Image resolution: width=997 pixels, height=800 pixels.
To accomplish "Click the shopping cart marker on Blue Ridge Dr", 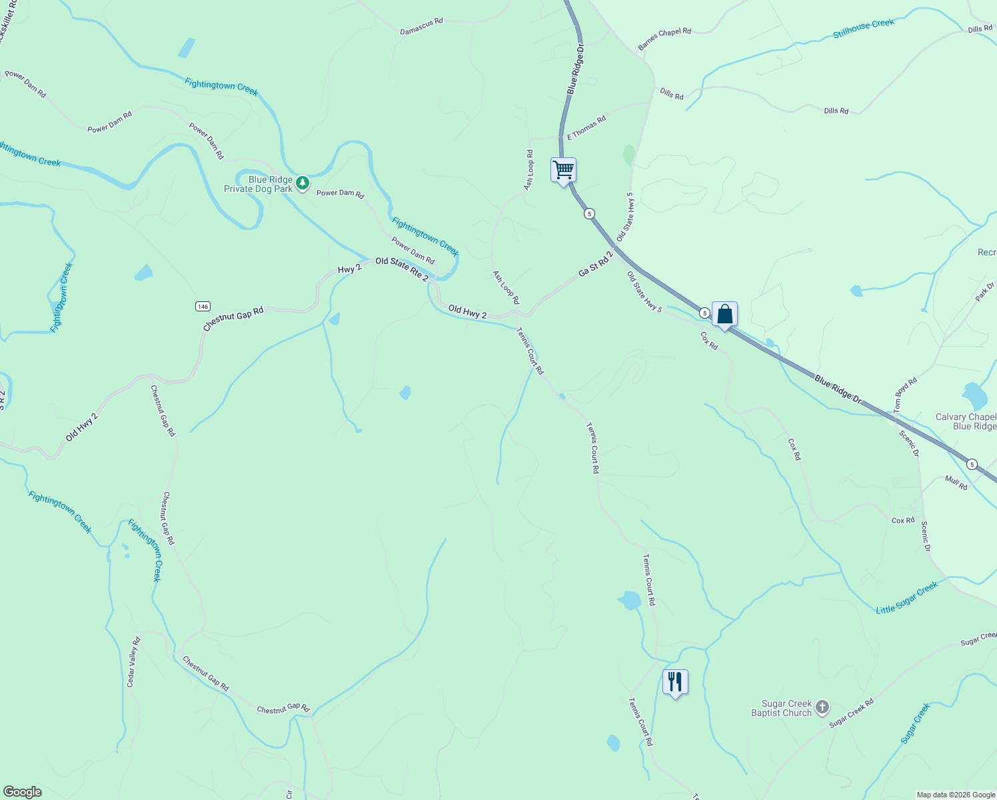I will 563,170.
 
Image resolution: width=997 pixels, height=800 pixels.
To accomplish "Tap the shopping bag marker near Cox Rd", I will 724,314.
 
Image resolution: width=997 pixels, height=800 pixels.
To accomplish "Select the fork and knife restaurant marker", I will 675,682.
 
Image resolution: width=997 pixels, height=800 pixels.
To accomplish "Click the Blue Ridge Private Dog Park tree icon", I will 303,183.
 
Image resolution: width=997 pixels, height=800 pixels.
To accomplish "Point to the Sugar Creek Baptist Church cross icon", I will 822,707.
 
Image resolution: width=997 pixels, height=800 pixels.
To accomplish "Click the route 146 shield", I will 203,307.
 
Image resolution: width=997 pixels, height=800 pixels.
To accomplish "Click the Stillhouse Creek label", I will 863,29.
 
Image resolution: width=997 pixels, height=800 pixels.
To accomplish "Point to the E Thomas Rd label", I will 586,127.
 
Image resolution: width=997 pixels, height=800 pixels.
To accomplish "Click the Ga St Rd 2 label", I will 595,263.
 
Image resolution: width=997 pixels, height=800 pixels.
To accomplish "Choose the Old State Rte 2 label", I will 401,269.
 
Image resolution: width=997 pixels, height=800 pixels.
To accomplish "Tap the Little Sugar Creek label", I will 906,597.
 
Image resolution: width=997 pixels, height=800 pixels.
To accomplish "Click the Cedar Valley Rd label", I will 133,662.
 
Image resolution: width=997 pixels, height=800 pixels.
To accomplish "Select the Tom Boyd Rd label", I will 906,396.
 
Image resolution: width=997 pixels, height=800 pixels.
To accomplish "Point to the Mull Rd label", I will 956,483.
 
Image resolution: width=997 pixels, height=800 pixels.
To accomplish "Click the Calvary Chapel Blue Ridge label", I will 966,421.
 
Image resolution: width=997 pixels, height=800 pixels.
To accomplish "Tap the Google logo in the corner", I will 23,792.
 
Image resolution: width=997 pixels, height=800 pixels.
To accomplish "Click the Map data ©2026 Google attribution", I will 955,795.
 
